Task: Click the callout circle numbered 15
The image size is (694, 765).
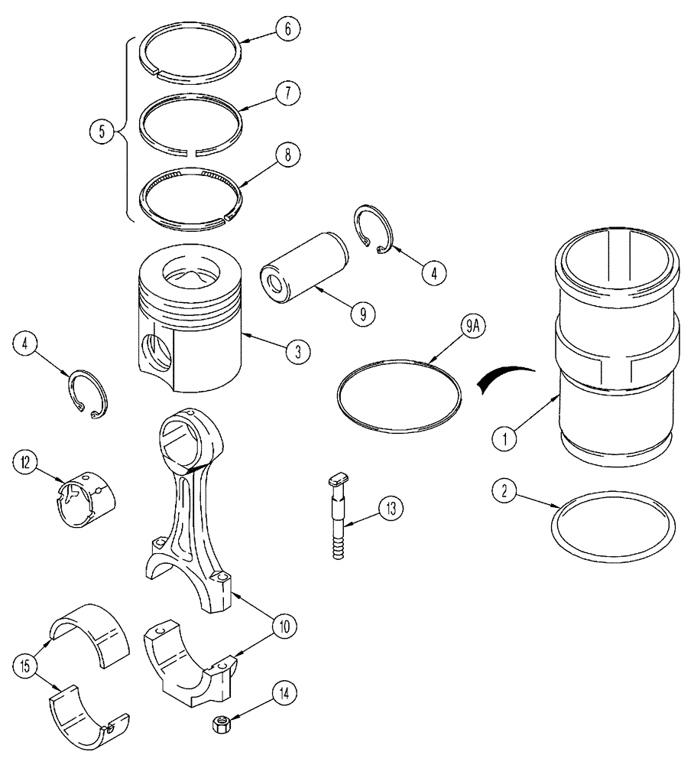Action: point(24,664)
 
